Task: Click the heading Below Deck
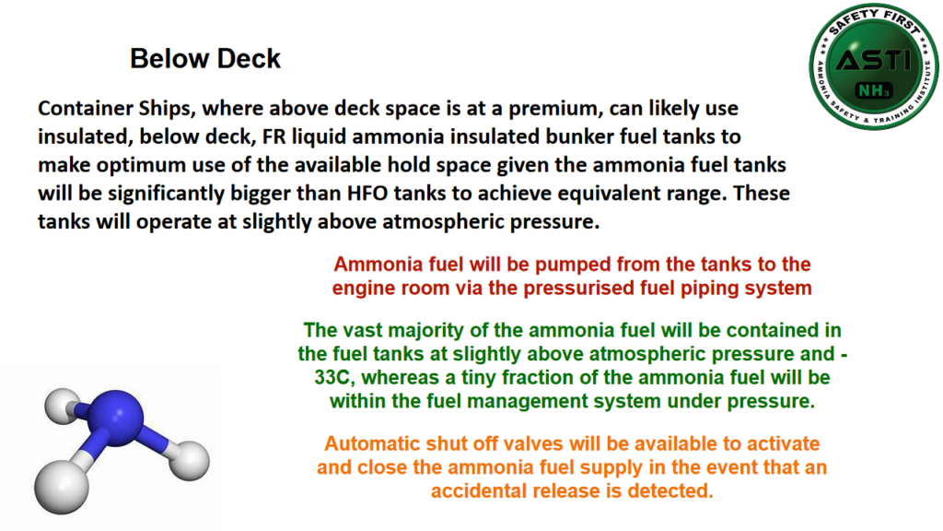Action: (205, 59)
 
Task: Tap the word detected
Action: (669, 490)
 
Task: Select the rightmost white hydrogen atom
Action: (192, 458)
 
